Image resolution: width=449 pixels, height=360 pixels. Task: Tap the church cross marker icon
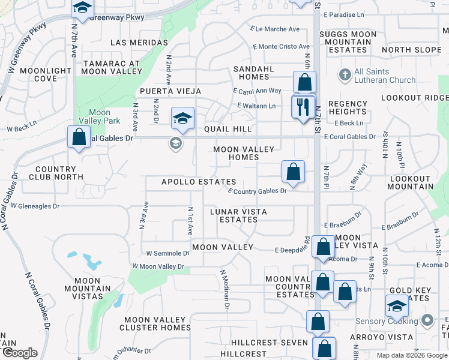tap(345, 75)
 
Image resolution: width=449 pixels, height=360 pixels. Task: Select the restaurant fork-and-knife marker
tap(303, 106)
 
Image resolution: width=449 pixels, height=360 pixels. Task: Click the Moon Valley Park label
tap(100, 116)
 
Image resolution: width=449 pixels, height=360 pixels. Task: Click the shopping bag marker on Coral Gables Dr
tap(79, 137)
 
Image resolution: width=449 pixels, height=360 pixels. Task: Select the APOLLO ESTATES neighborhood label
tap(198, 182)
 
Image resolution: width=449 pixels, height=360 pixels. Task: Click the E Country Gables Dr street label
tap(258, 191)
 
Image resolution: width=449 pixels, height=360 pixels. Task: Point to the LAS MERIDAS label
tap(139, 43)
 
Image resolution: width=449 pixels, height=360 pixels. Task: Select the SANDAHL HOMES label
tap(254, 73)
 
